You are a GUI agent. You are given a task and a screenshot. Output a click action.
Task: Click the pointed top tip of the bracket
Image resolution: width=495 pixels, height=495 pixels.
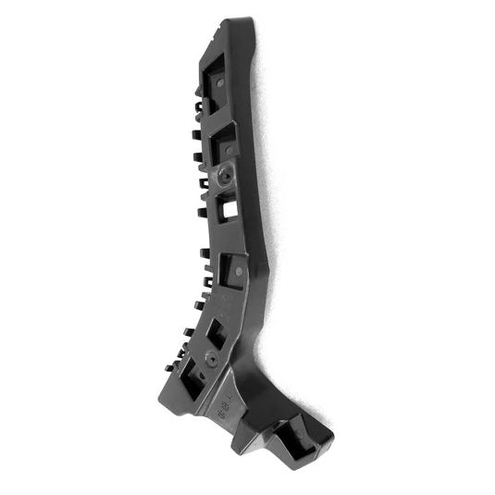point(242,19)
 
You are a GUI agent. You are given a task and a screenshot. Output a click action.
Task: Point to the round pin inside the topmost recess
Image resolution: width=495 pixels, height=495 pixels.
point(222,82)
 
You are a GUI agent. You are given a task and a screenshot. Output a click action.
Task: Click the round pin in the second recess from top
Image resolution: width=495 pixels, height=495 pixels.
point(229,146)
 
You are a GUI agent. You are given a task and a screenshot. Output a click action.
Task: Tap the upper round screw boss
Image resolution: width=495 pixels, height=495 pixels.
point(225,175)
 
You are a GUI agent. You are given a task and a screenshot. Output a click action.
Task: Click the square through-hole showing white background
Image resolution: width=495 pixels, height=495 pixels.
point(229,208)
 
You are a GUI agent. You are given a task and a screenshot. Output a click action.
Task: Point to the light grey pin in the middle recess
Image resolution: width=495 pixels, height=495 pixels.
point(238,272)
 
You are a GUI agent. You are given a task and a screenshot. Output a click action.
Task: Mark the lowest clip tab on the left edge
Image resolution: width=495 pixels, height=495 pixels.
point(169,368)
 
